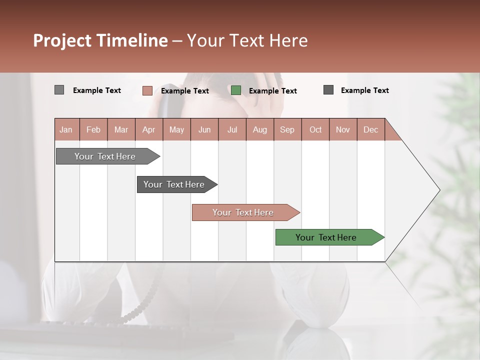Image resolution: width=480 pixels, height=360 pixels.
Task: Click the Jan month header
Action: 66,129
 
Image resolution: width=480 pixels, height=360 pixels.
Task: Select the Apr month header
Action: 149,129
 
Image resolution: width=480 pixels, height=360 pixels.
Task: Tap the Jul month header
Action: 232,129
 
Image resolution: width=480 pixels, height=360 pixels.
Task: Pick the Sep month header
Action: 287,129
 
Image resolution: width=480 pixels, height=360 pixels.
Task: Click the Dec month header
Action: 370,129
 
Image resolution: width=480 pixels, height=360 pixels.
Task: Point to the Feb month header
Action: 93,129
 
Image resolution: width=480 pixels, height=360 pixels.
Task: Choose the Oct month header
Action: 315,129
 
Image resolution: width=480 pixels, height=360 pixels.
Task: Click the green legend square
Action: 236,90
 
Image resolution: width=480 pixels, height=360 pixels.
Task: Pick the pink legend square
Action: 147,90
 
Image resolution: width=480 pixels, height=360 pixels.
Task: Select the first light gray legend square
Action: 59,90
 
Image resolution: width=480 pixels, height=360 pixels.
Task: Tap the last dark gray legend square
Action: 328,90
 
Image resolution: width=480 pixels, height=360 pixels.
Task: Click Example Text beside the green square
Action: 272,91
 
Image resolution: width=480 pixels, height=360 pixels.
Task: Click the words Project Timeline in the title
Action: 100,40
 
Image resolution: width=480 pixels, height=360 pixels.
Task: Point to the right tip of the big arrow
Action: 439,190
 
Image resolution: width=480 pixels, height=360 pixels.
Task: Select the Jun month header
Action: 204,129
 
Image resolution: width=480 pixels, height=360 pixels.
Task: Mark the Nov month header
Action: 343,129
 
